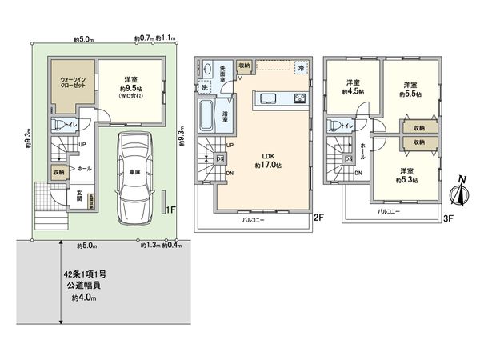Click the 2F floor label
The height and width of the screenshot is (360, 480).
[317, 216]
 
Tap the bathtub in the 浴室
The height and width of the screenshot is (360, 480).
[206, 118]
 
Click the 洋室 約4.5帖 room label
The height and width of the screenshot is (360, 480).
[353, 87]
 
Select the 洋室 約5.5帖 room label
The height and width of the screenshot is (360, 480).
[410, 88]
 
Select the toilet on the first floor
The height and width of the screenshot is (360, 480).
[59, 125]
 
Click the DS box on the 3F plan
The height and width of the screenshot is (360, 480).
[349, 158]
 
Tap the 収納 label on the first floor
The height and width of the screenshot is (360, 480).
[59, 172]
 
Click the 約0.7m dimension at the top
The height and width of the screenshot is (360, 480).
[145, 37]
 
